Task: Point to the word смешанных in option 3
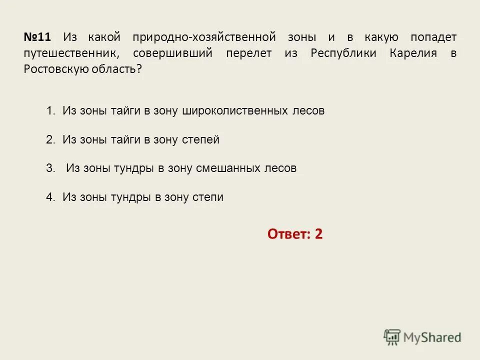[x=227, y=168]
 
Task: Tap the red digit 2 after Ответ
[x=318, y=233]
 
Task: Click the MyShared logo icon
[x=392, y=337]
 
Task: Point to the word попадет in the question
[x=433, y=37]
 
